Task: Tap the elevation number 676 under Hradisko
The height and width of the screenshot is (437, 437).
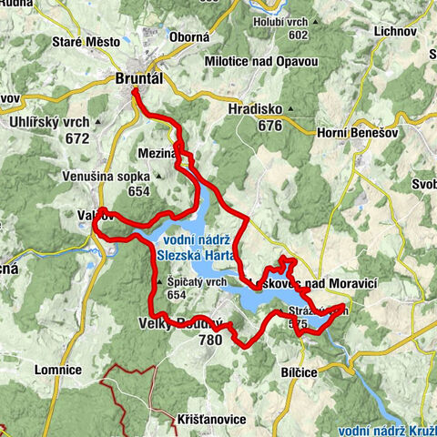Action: (269, 126)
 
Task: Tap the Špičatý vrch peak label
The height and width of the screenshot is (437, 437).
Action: (196, 282)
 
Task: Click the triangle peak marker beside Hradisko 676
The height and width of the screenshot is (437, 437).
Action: (290, 110)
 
